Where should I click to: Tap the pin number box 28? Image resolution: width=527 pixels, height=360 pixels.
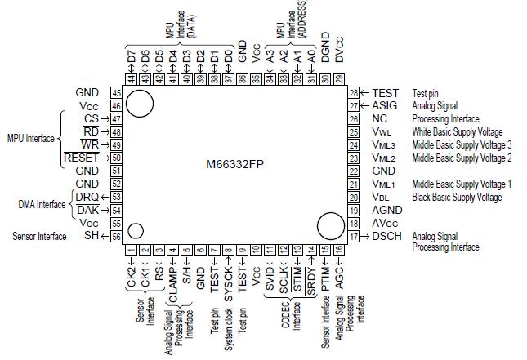354,93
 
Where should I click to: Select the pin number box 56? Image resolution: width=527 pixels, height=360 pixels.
117,236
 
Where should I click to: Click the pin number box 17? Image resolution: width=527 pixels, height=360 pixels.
354,236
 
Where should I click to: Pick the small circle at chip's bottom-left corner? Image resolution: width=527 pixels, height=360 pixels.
136,230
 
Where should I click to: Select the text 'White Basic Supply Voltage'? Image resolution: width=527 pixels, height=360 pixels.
458,132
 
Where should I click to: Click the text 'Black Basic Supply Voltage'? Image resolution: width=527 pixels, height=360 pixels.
457,198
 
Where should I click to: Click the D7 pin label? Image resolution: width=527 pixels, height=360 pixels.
131,59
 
